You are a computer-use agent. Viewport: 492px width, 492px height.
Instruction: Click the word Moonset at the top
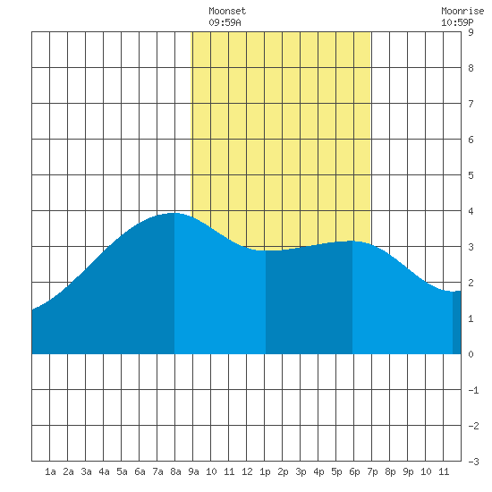pos(227,12)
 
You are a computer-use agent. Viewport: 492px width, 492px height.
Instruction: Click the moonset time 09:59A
pos(225,22)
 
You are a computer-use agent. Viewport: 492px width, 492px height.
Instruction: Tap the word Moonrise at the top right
pos(462,12)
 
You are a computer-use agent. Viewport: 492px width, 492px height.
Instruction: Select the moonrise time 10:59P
pos(457,22)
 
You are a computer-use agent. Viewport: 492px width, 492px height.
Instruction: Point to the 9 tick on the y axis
pos(471,32)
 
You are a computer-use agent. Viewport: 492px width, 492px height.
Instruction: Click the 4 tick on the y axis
pos(471,211)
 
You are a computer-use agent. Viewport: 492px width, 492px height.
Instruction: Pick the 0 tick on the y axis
pos(471,354)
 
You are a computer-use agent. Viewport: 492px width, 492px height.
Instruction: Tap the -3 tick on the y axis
pos(473,462)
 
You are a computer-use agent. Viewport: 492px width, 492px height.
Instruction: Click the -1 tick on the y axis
pos(473,390)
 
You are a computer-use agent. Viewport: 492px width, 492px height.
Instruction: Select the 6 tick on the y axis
pos(471,140)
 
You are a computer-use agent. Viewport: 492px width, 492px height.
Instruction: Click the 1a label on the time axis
pos(50,471)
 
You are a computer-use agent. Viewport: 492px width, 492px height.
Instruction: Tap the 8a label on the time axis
pos(175,471)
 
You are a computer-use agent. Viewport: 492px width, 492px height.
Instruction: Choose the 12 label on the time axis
pos(247,471)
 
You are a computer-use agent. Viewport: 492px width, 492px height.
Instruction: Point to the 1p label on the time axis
pos(265,471)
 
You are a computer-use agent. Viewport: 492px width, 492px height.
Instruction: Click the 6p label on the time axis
pos(354,471)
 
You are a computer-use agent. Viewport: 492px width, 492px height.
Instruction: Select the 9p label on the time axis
pos(408,471)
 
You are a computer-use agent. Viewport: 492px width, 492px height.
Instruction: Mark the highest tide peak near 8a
pos(174,213)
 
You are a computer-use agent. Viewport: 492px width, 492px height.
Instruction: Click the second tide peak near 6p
pos(352,241)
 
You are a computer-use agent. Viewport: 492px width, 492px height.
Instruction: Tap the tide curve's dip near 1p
pos(266,250)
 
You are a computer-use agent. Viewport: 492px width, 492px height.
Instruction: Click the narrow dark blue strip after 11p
pos(457,323)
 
